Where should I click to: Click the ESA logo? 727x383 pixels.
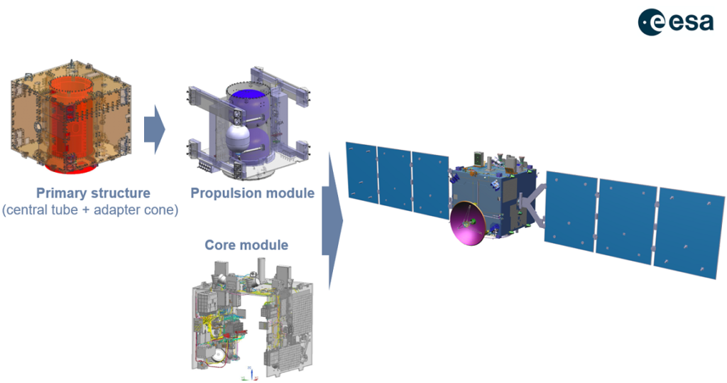point(676,22)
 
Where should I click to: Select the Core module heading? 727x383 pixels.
point(246,244)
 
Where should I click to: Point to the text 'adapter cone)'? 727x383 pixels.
point(136,210)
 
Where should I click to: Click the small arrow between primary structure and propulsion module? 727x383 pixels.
point(154,129)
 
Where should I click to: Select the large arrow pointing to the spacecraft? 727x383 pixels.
point(332,221)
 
